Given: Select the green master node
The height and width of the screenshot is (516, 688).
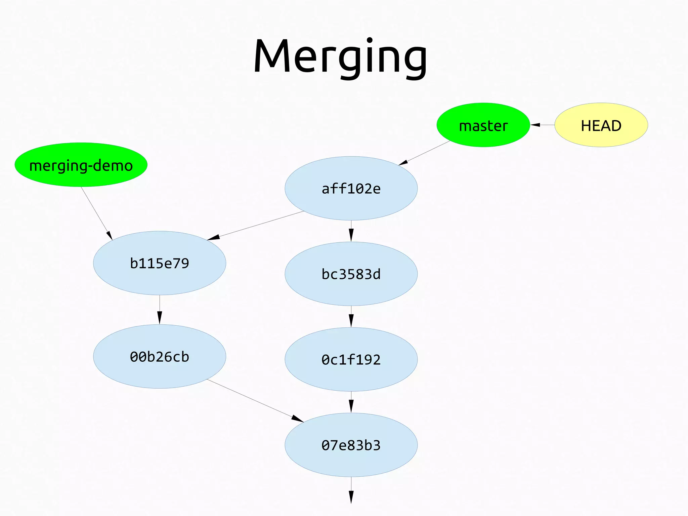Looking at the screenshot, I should [483, 125].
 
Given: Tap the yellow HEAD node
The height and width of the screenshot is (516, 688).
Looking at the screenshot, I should [601, 125].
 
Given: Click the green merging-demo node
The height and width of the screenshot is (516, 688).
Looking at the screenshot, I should [81, 165].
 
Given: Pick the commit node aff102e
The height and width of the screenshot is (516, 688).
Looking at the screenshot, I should [351, 188].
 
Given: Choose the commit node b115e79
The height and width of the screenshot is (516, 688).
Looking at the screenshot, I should [160, 263].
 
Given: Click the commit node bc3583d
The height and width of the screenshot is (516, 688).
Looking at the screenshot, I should [351, 274].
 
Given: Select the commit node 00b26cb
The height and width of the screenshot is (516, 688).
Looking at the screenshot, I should [160, 356].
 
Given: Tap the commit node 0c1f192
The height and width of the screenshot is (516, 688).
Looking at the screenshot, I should [351, 359].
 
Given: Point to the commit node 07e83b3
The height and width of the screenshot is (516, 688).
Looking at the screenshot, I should [351, 445].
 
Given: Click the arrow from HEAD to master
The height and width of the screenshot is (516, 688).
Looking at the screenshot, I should [543, 125].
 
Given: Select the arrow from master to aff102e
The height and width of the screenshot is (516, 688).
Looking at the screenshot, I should [424, 153].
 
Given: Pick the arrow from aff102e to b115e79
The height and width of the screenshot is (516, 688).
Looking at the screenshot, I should [255, 226].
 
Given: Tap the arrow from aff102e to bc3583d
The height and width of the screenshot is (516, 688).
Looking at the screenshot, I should [351, 231].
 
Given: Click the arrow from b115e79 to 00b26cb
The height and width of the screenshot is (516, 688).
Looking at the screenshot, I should [160, 310].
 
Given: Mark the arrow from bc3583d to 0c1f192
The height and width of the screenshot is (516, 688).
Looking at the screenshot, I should [351, 316].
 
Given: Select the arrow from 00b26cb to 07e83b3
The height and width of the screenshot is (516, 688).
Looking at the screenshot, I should [255, 401].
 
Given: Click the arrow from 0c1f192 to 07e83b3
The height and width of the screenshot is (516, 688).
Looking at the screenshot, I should [351, 402].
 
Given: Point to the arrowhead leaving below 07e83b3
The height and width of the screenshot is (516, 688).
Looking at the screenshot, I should [351, 497].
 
